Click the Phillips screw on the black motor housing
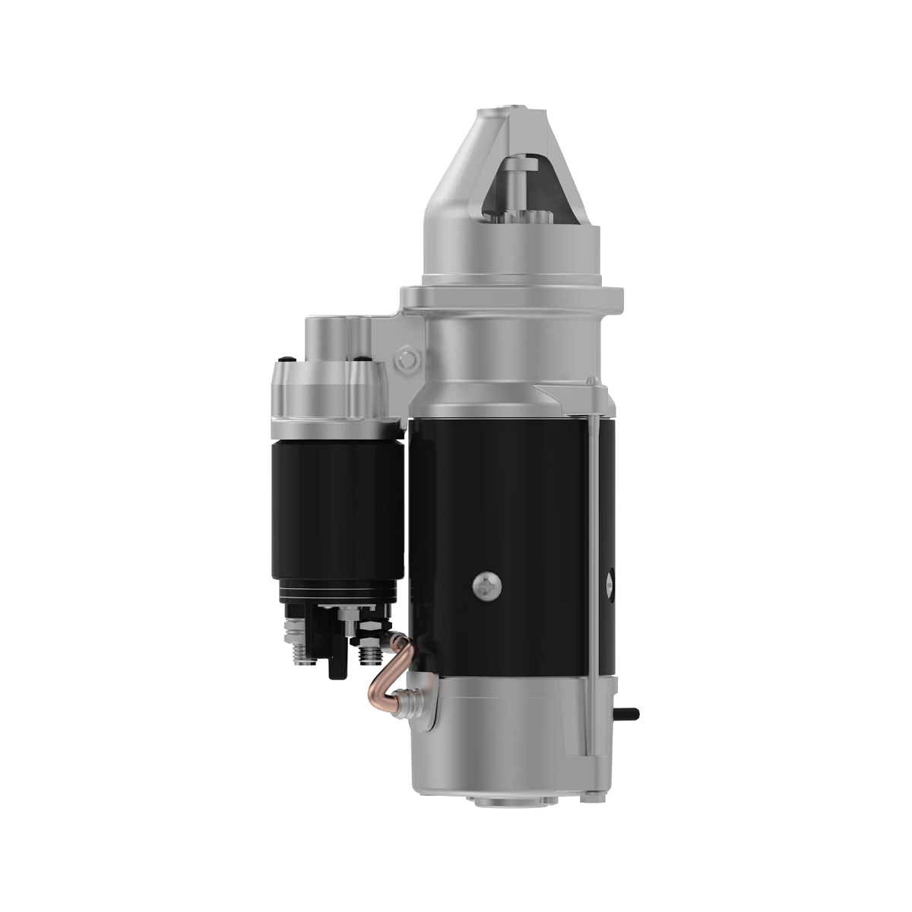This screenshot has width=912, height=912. click(x=487, y=584)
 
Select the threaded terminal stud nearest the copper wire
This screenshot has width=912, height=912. click(x=370, y=653)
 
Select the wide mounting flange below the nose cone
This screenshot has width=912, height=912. click(x=512, y=299)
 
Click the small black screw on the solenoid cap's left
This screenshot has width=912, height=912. click(x=284, y=359)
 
